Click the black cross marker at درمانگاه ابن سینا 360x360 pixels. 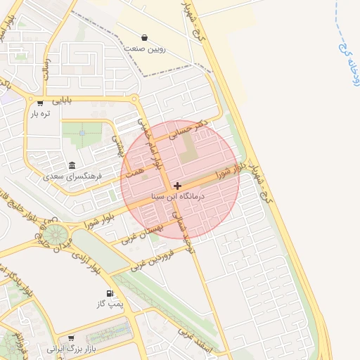[x=176, y=186]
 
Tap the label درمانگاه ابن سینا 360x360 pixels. [x=177, y=198]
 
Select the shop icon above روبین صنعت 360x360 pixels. [x=145, y=37]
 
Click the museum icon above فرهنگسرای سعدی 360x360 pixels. [x=72, y=165]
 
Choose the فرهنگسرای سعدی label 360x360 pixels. [x=73, y=176]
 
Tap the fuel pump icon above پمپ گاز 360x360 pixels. [x=109, y=292]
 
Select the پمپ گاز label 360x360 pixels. [x=110, y=304]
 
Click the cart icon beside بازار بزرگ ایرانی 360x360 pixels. [x=71, y=338]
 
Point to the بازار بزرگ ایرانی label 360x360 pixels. [x=70, y=349]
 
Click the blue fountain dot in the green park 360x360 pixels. [x=82, y=132]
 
